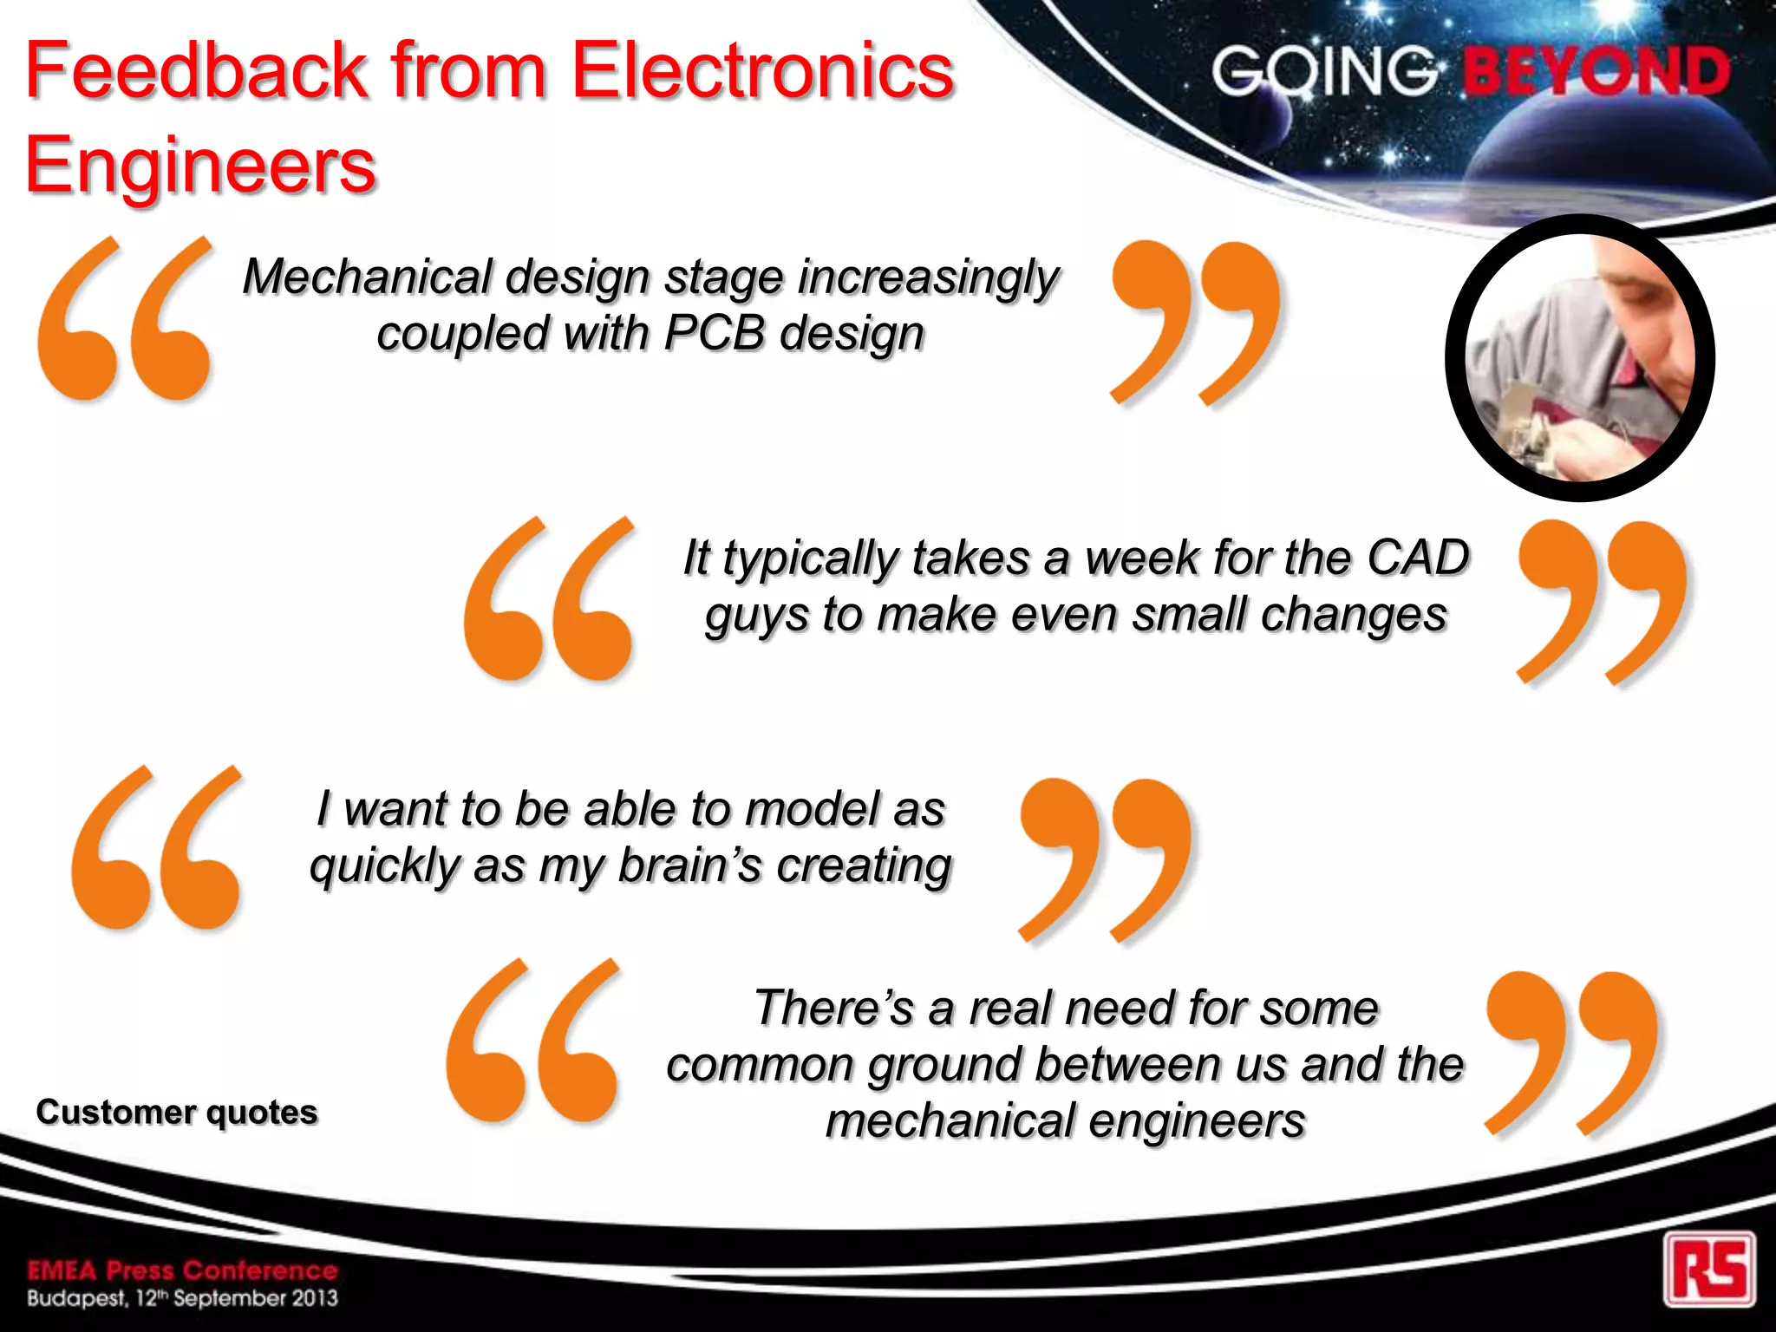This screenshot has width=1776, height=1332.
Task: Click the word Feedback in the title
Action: coord(198,71)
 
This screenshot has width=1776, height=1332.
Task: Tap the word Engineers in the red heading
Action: coord(200,165)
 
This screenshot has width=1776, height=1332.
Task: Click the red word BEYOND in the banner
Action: coord(1596,71)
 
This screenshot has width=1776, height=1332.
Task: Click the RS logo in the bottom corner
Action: coord(1709,1270)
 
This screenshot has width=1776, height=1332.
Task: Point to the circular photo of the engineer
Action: coord(1580,357)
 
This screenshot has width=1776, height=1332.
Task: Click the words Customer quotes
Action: coord(177,1112)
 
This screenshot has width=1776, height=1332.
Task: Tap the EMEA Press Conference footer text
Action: coord(182,1270)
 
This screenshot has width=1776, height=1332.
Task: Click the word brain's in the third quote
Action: coord(689,865)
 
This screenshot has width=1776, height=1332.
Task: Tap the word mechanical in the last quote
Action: coord(950,1120)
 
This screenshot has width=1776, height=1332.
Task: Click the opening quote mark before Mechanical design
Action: coord(124,319)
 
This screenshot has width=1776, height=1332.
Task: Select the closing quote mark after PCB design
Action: coord(1195,321)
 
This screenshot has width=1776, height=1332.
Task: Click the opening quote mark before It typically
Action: coord(549,598)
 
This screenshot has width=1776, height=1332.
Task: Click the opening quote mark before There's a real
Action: coord(533,1041)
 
